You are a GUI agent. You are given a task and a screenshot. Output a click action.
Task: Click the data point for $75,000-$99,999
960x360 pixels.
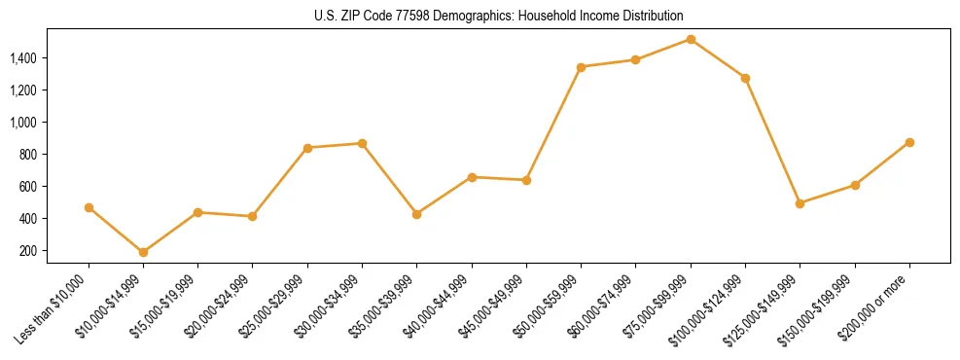[691, 39]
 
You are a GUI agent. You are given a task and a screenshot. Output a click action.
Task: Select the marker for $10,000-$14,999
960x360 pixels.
[144, 252]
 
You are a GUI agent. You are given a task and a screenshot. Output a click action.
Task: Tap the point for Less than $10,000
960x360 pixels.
[89, 207]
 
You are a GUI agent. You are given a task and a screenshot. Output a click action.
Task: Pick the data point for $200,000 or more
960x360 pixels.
[909, 142]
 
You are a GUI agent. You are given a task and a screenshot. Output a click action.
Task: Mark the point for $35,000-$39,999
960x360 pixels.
[417, 214]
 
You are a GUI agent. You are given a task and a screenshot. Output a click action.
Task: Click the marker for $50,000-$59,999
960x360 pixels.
[581, 67]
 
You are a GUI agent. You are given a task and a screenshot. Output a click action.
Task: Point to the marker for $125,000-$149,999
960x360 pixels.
[800, 203]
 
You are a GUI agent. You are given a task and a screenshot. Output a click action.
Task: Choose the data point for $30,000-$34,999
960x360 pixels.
[362, 143]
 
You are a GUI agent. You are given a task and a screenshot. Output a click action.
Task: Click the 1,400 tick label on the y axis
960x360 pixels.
[23, 58]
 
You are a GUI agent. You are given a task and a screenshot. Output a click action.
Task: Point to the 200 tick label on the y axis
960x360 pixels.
[28, 251]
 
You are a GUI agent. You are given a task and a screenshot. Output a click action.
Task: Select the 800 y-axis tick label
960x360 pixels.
[28, 155]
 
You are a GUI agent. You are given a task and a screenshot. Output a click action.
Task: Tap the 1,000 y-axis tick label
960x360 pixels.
[23, 123]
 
